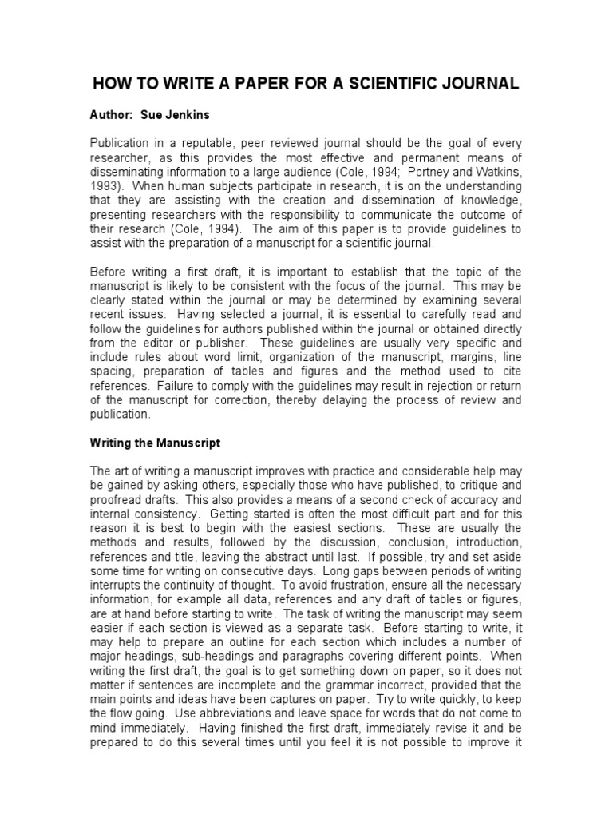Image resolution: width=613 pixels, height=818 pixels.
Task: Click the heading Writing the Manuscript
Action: click(155, 442)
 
